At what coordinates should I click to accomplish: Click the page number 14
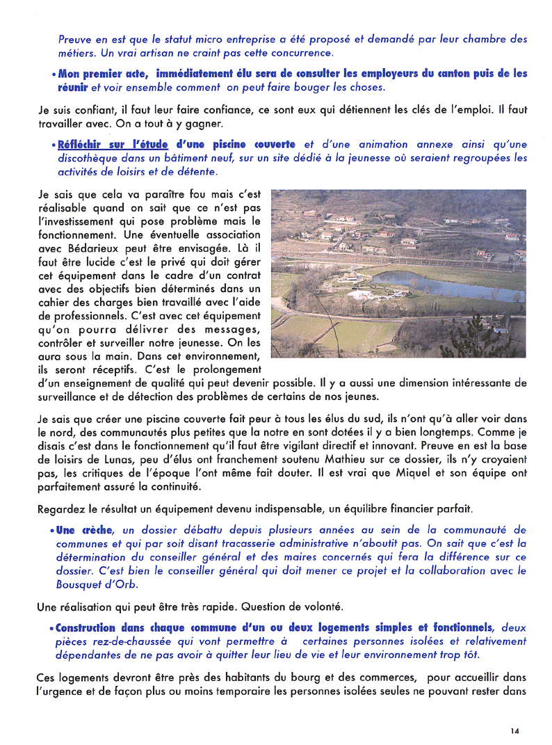(514, 730)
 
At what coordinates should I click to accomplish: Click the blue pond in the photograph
(445, 285)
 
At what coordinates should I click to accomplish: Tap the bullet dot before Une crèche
(53, 531)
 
